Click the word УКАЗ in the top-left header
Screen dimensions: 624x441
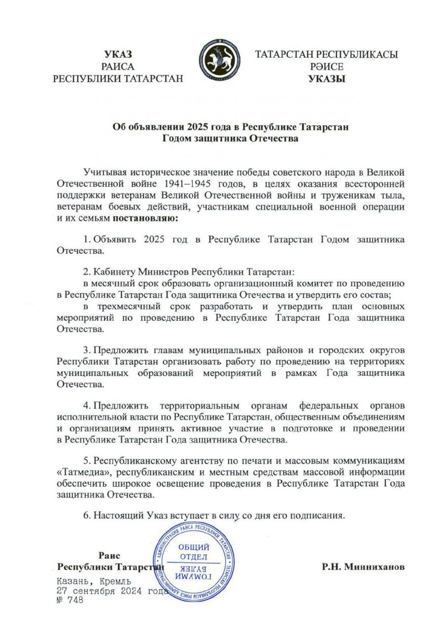pyautogui.click(x=118, y=55)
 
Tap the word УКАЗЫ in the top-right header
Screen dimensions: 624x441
pyautogui.click(x=327, y=79)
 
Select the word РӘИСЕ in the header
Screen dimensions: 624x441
pyautogui.click(x=327, y=67)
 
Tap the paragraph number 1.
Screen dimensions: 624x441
pyautogui.click(x=86, y=239)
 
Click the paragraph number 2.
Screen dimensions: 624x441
pyautogui.click(x=86, y=272)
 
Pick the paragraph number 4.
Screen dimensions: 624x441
pyautogui.click(x=86, y=405)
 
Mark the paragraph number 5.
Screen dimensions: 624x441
pyautogui.click(x=86, y=461)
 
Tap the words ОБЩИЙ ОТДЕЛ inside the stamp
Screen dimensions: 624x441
pyautogui.click(x=194, y=552)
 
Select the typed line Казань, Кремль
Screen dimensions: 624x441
pyautogui.click(x=94, y=580)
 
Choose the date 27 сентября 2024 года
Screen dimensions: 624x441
pyautogui.click(x=112, y=590)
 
